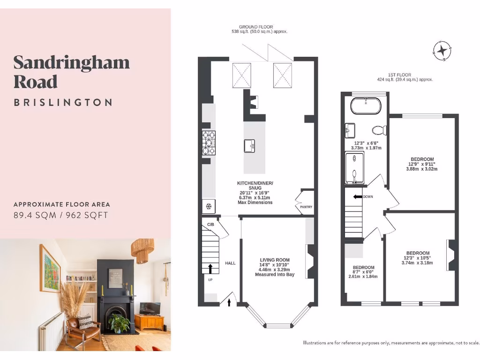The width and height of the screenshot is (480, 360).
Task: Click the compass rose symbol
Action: coord(442,51)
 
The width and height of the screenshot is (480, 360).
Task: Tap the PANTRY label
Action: coord(303,207)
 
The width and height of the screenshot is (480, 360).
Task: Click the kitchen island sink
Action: coord(250,146)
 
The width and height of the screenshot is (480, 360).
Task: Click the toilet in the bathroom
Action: coord(378,129)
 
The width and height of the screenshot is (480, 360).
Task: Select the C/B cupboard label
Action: coord(211,225)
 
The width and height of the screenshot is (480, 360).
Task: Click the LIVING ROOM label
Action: coord(275,260)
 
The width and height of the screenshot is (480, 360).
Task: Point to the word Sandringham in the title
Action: coord(71,62)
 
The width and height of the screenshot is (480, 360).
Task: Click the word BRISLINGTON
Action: coord(63,102)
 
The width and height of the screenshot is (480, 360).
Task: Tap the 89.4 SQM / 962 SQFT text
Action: coord(61,215)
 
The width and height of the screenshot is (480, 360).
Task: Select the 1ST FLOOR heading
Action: coord(399,75)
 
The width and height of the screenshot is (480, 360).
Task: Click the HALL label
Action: coord(230,263)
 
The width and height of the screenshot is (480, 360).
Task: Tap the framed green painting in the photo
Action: coord(50,268)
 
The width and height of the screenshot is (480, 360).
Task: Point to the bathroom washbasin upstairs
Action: coord(350,130)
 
